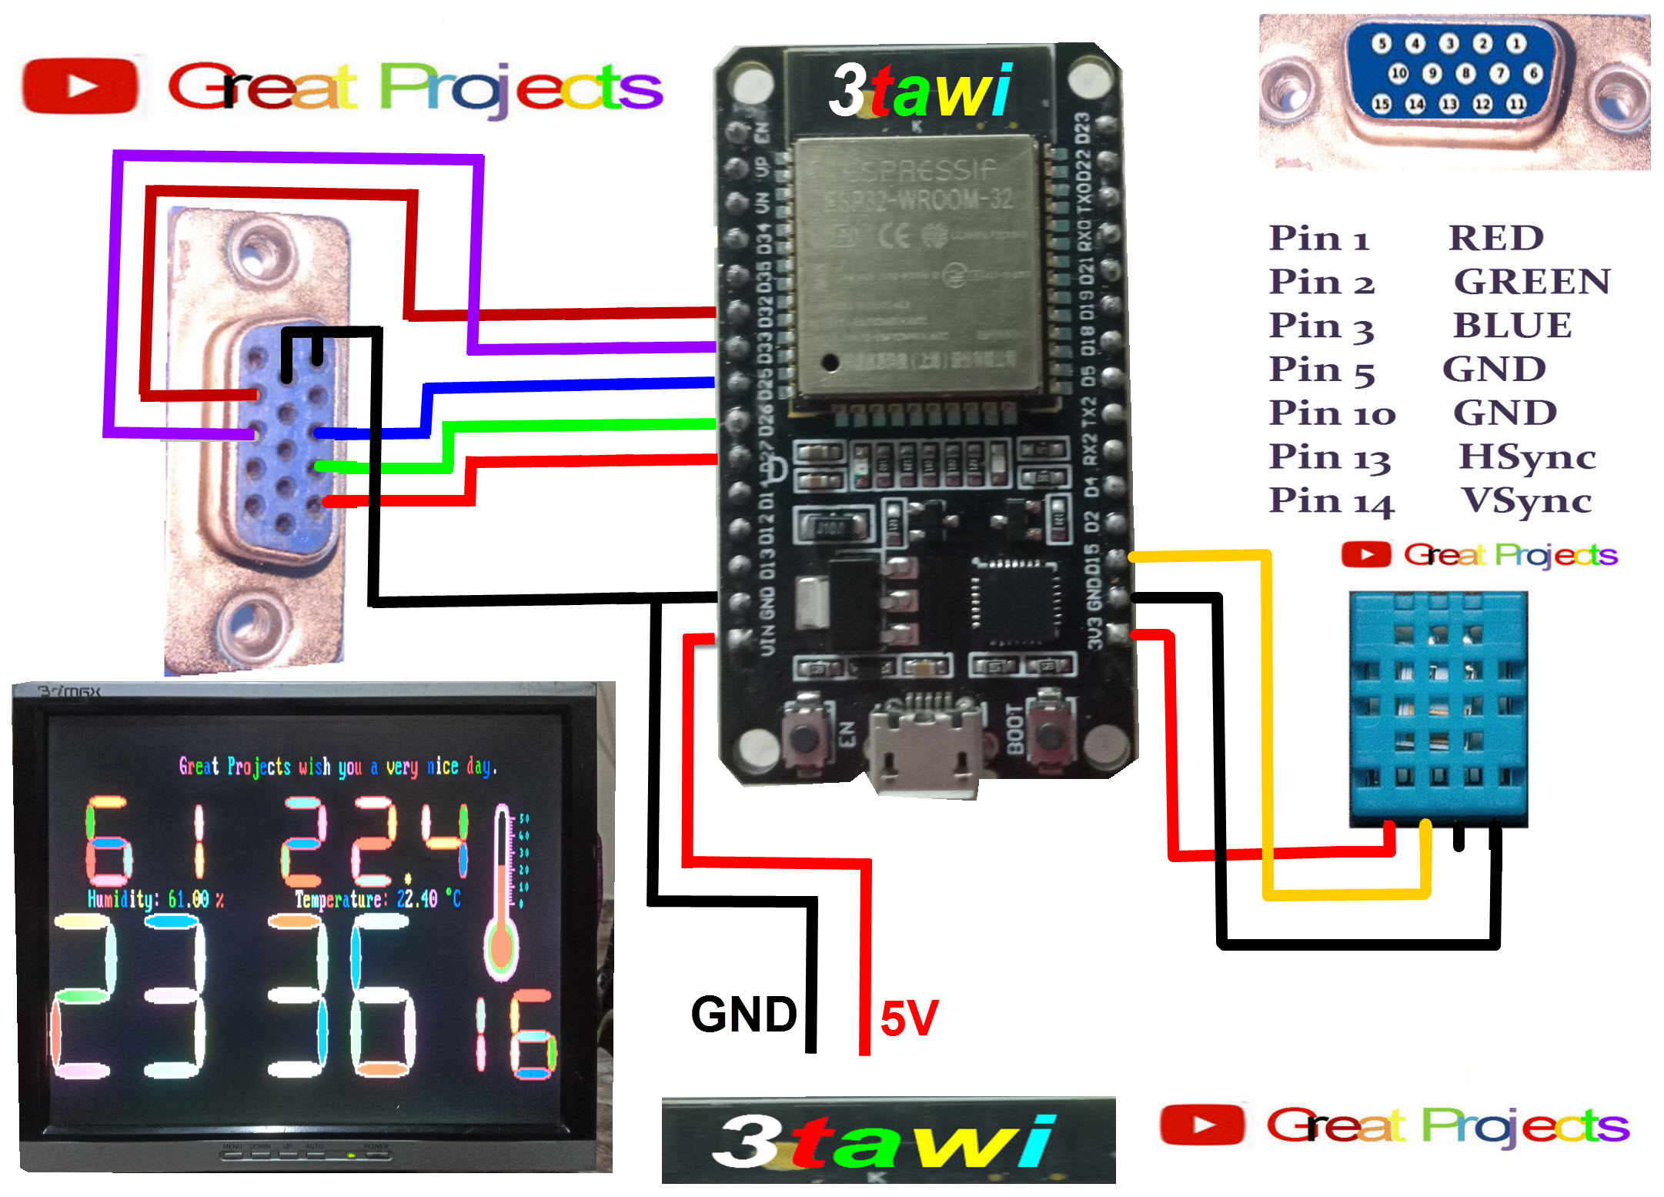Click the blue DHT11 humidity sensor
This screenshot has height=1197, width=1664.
pos(1438,708)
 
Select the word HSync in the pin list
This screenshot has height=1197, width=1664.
pos(1527,457)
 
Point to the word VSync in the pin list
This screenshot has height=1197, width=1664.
pos(1526,501)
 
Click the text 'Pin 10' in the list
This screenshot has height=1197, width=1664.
pos(1332,413)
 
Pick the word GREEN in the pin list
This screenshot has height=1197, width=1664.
pos(1532,282)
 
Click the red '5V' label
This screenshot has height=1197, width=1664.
pos(909,1018)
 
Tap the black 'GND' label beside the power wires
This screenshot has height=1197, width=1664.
pos(743,1014)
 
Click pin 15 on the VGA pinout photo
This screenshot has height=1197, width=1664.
pos(1382,104)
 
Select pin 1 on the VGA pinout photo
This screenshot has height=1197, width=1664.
pos(1516,44)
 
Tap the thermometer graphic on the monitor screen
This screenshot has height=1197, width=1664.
pos(502,893)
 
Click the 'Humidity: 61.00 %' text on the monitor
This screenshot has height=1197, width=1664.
pos(155,899)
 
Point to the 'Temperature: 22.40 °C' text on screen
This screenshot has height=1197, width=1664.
pos(378,899)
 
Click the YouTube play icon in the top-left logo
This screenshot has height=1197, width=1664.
pos(80,85)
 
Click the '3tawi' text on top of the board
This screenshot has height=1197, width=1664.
pos(921,91)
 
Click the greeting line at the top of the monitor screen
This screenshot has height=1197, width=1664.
pos(338,767)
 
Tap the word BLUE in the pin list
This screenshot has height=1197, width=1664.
pos(1512,326)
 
